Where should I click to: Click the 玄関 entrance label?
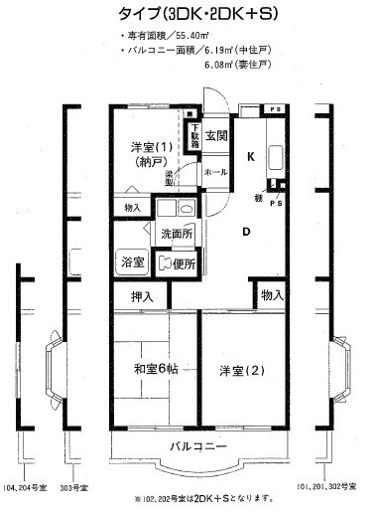click(x=217, y=135)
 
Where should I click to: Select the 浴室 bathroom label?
click(x=133, y=264)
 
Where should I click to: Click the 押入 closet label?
click(x=143, y=296)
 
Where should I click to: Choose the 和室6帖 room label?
click(x=155, y=371)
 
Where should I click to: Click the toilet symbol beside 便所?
click(x=164, y=264)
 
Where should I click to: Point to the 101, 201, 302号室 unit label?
click(x=330, y=486)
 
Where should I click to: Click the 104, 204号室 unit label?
click(x=26, y=488)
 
